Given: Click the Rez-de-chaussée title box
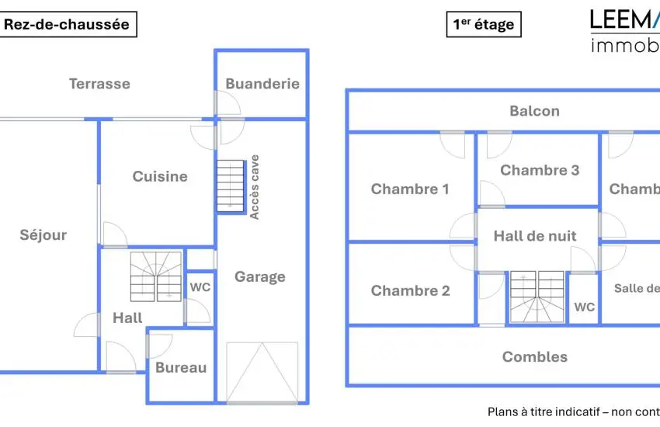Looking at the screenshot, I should point(68,24).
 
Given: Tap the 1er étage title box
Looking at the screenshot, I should point(483,24).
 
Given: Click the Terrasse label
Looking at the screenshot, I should point(99,84).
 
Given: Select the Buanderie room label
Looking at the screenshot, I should point(262,84).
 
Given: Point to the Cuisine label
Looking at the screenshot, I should point(160,176).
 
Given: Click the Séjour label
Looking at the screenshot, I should point(43,235).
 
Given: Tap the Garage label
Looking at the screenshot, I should point(260,276).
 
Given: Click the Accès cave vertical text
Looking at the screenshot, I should point(255,187).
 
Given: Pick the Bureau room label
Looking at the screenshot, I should point(181,367).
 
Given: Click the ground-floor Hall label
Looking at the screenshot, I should point(127,318).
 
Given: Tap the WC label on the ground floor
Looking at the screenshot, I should point(200,287).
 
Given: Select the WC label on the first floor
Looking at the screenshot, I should point(585,307).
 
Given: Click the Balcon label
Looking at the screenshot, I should point(534,111).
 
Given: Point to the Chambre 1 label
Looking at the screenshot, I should point(410,189).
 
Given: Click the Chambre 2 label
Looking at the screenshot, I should point(410,291).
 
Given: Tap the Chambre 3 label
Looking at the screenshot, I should point(540,170).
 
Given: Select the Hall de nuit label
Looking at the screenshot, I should point(535,236).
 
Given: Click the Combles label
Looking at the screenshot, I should point(535,357).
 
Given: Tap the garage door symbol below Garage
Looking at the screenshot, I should point(262,373).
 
